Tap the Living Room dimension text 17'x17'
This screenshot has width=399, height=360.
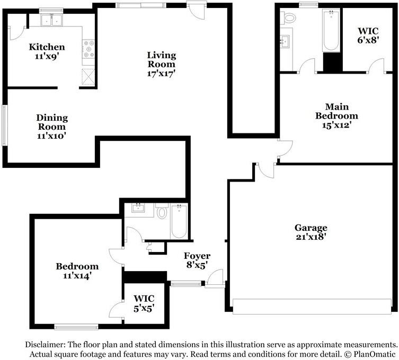(161, 74)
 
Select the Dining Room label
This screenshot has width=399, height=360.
(51, 122)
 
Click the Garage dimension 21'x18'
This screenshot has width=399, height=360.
(311, 237)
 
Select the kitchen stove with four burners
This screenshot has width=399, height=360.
(88, 49)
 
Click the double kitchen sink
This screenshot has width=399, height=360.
(52, 21)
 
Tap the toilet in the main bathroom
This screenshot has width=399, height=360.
(289, 17)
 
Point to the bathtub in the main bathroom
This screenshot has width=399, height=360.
(332, 31)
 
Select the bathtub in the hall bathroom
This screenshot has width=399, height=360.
(178, 221)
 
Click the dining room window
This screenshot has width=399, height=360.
(4, 125)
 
